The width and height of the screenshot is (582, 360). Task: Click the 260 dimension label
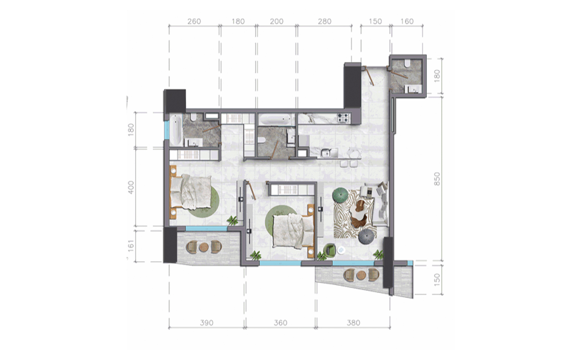(x=194, y=22)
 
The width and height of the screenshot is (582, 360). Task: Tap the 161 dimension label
(x=130, y=246)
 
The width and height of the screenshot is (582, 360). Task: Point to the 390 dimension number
(x=207, y=323)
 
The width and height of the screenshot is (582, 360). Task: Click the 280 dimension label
(x=324, y=22)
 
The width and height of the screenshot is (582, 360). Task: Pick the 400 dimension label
(x=130, y=187)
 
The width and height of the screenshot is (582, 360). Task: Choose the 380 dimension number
(x=354, y=323)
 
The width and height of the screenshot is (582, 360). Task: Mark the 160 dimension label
(x=407, y=22)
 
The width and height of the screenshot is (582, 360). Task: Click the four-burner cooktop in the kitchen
(x=343, y=117)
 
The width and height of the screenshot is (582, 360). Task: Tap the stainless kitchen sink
(x=325, y=153)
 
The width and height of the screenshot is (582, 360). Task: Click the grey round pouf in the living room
(x=366, y=237)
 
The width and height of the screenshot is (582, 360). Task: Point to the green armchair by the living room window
(x=330, y=250)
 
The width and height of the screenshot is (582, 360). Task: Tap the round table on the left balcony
(x=203, y=247)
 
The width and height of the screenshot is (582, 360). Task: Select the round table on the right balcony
(x=360, y=276)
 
